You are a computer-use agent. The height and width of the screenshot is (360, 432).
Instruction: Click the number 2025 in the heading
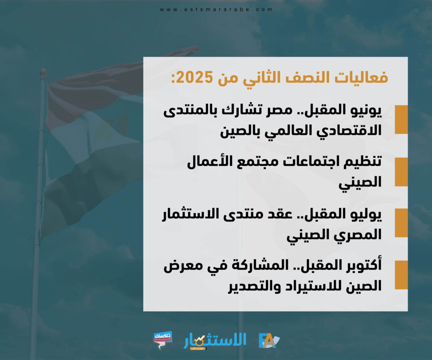coord(194,78)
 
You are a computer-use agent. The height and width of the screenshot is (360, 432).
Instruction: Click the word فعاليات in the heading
coord(361,77)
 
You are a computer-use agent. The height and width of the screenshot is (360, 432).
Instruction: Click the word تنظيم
coord(362,162)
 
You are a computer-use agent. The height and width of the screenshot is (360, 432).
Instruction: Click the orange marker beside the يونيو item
coord(401,119)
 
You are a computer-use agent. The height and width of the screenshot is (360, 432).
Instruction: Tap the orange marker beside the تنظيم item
coord(401,172)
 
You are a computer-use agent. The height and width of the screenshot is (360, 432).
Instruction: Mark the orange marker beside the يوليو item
coord(401,223)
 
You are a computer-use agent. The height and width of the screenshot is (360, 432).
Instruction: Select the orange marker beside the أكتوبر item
coord(401,275)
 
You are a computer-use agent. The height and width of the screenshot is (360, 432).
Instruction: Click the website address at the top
coord(216,9)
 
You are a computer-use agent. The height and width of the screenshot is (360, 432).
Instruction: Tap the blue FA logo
coord(269,341)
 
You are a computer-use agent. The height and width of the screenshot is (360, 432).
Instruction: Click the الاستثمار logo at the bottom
coord(215,341)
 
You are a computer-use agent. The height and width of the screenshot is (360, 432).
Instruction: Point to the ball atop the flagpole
coord(43,72)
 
